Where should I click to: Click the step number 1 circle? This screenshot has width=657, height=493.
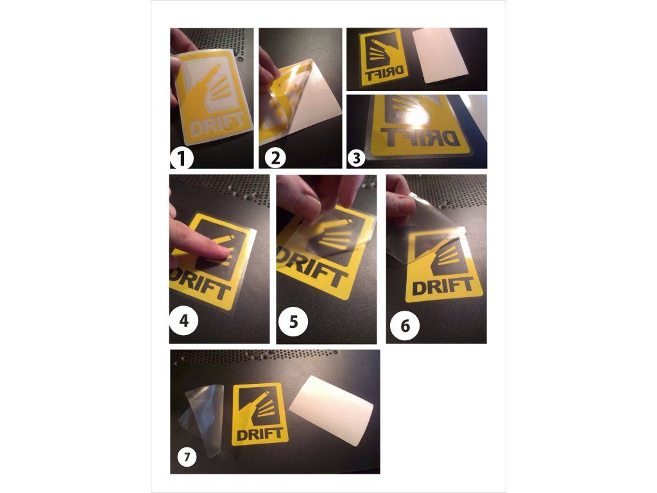[182, 159]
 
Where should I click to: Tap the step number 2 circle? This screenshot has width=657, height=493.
[275, 159]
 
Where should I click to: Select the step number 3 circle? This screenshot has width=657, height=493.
[356, 159]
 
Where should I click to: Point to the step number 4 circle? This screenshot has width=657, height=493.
[183, 321]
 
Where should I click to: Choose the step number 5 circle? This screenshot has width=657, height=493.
[293, 322]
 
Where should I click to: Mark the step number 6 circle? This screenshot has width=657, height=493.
[405, 325]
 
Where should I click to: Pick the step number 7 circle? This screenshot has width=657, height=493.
[187, 456]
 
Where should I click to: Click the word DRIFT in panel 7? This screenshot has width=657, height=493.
[260, 433]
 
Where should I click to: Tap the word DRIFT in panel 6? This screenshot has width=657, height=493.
[443, 287]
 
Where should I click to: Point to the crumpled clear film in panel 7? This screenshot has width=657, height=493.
[205, 419]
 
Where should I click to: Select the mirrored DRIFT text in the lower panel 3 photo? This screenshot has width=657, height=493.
[422, 137]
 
